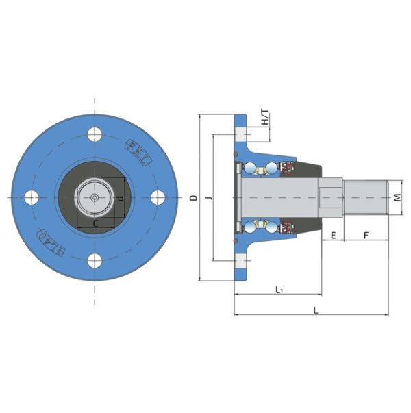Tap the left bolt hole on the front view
click(32, 197)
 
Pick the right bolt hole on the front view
click(158, 197)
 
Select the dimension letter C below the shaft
click(95, 223)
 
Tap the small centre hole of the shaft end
click(95, 197)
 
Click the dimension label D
click(193, 198)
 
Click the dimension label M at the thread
click(397, 198)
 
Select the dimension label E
click(333, 235)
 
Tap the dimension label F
click(366, 235)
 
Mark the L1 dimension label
click(279, 290)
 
